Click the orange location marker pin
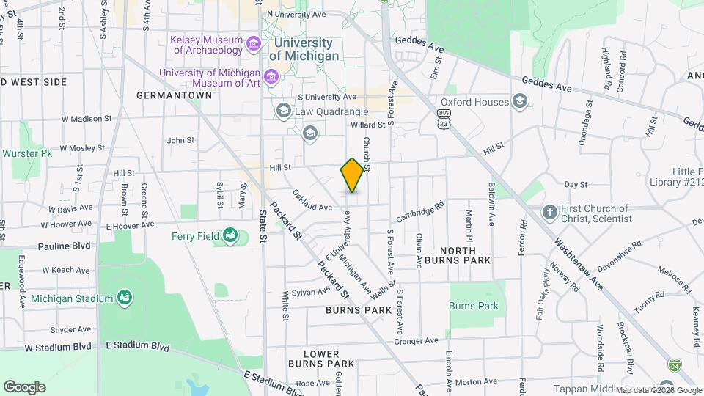point(352,175)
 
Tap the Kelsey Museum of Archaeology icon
point(254,44)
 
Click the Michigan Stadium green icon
point(125,298)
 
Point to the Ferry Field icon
point(230,235)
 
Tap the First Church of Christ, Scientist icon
point(549,213)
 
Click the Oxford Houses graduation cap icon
point(520,101)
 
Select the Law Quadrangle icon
point(283,111)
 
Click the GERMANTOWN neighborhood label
point(175,95)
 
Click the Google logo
point(24,386)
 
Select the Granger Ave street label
point(416,340)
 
